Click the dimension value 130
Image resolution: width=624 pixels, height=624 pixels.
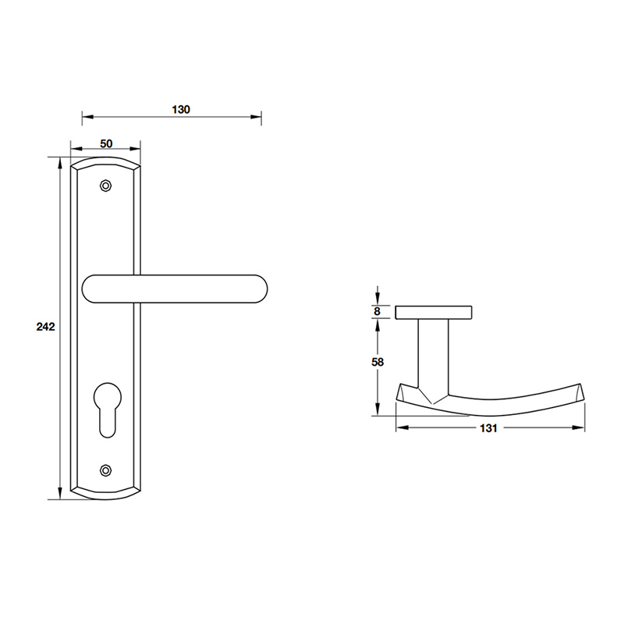pos(180,109)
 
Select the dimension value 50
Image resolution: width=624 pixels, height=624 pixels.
pos(106,144)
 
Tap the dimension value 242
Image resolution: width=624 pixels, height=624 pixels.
pos(45,328)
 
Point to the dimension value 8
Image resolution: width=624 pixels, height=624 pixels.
pos(378,312)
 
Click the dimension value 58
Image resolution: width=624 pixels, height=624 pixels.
pos(378,362)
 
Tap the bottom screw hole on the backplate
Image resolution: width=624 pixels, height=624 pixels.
pos(106,470)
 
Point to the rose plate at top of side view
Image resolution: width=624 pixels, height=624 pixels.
pos(434,313)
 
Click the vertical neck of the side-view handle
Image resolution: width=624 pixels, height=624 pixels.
pos(434,355)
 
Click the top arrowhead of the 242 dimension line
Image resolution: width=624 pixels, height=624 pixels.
pos(60,161)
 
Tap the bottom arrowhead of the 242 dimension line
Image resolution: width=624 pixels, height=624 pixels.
pos(60,494)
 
